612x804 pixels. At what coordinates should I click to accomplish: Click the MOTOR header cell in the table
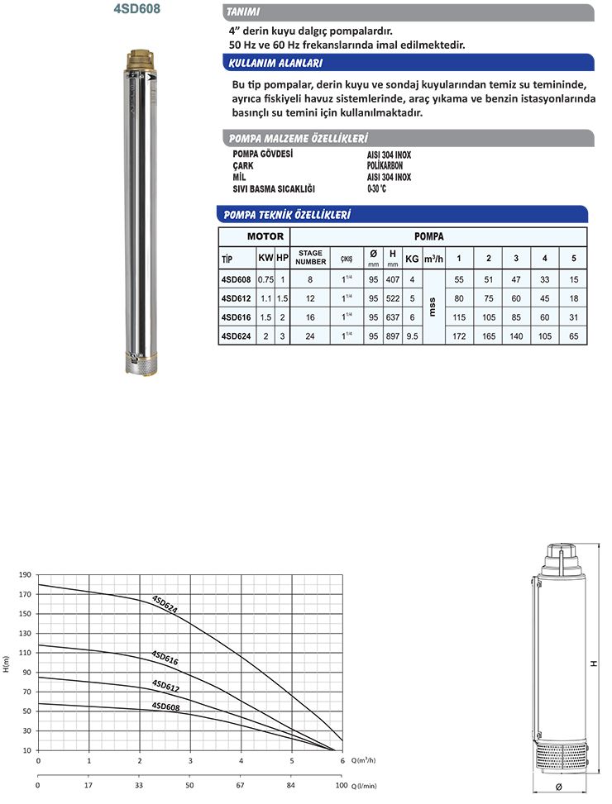pos(253,236)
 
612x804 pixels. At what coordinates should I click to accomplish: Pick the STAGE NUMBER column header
pos(311,257)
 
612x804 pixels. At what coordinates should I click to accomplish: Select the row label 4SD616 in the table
pos(237,317)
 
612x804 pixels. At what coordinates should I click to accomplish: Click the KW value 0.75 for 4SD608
pos(265,280)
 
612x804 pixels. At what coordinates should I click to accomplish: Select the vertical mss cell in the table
pos(432,308)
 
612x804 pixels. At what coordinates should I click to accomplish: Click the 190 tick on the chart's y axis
pos(24,575)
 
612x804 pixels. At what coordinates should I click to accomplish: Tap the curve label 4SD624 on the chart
pos(165,604)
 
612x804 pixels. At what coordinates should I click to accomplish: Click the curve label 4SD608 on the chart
pos(165,706)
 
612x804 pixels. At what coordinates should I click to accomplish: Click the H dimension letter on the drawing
pos(593,663)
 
